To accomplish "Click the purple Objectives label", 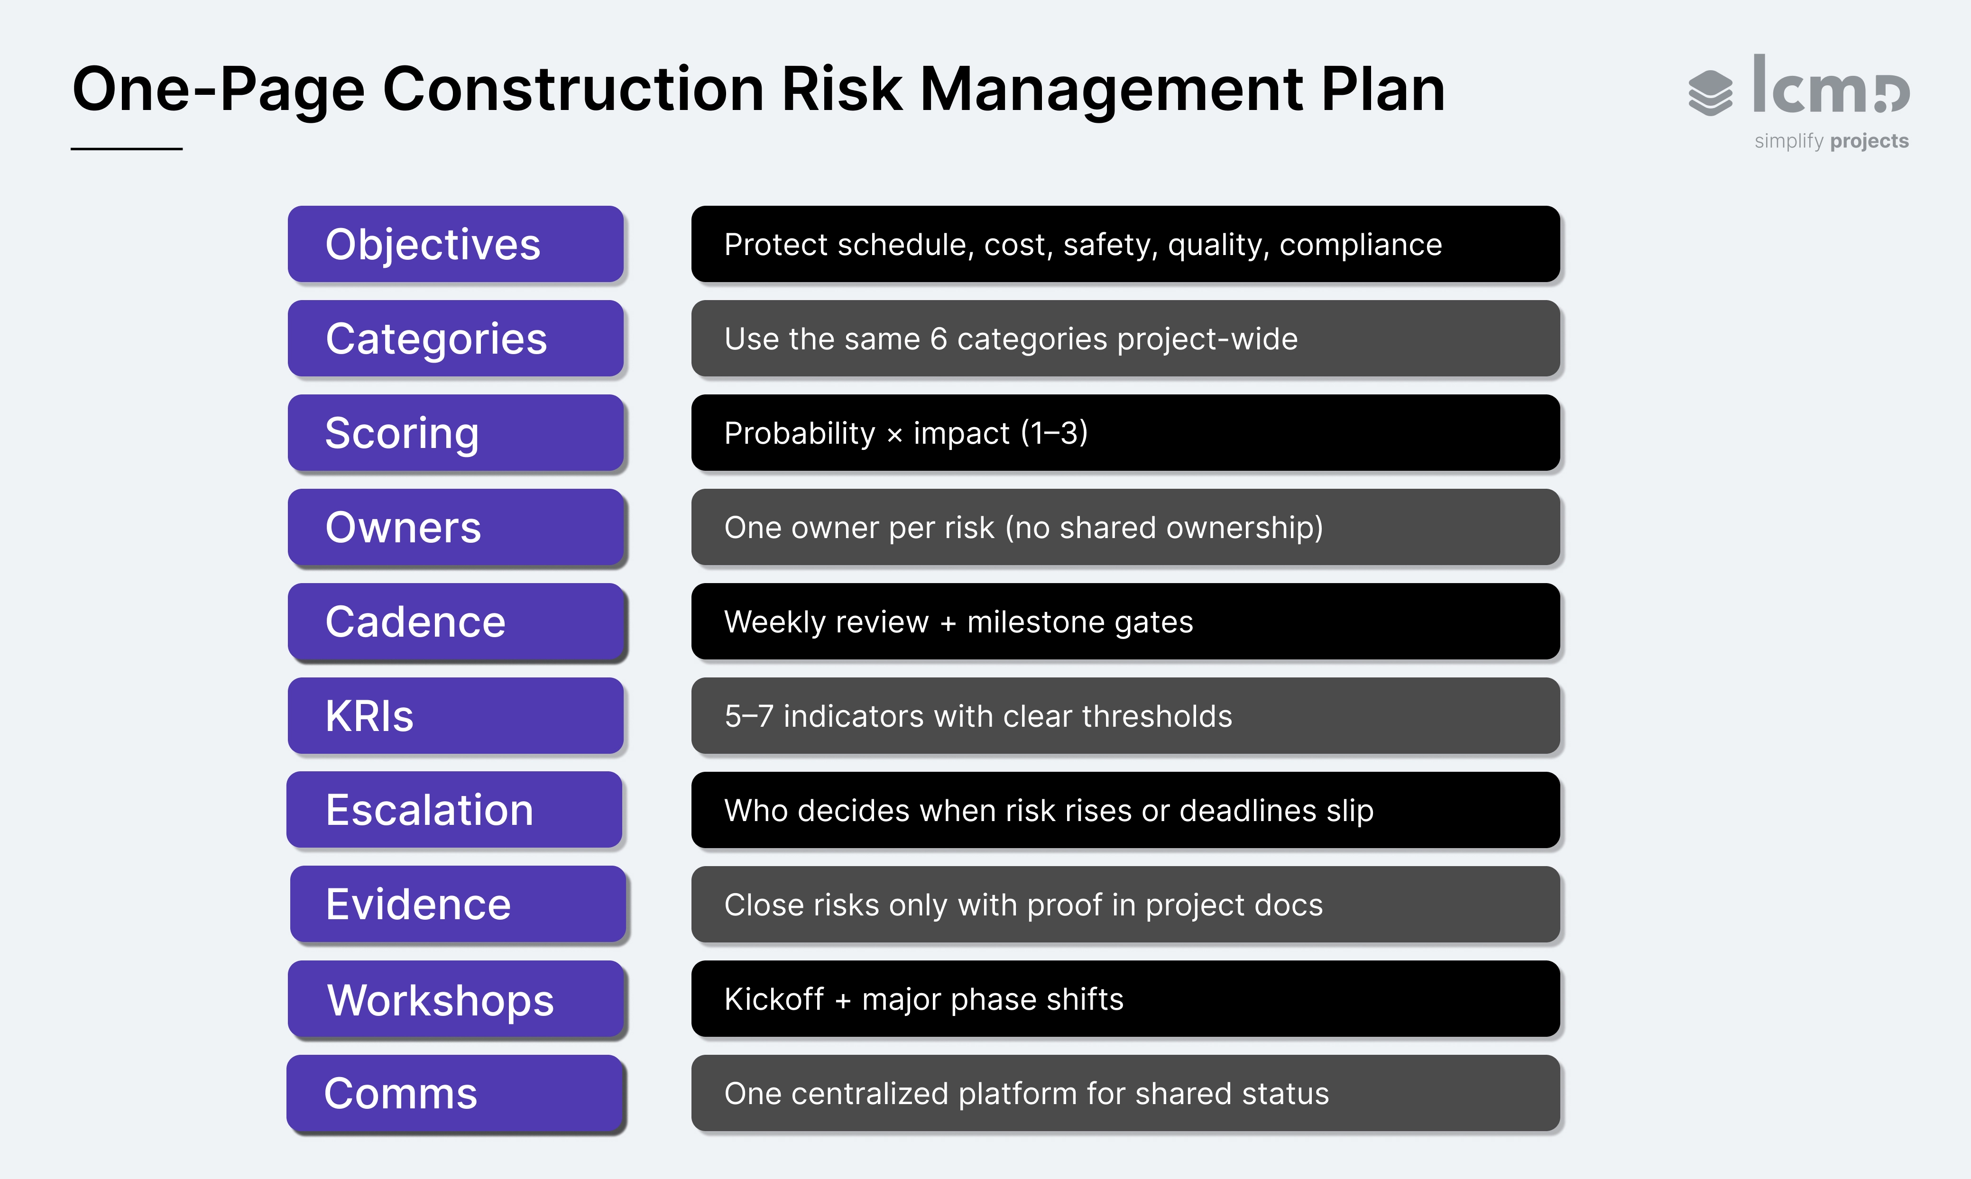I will pyautogui.click(x=455, y=244).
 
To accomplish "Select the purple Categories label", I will pyautogui.click(x=455, y=338).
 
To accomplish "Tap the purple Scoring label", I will pyautogui.click(x=455, y=433).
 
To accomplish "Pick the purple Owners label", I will pyautogui.click(x=455, y=528).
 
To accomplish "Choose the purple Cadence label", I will pyautogui.click(x=455, y=621).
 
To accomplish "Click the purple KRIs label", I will pyautogui.click(x=455, y=716).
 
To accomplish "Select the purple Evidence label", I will pyautogui.click(x=458, y=904).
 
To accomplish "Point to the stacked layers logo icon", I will pyautogui.click(x=1710, y=93).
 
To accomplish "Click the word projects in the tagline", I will pyautogui.click(x=1869, y=141).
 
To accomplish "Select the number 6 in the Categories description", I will pyautogui.click(x=939, y=339).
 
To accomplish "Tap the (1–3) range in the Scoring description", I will pyautogui.click(x=1054, y=433).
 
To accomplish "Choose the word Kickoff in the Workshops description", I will pyautogui.click(x=774, y=999).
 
